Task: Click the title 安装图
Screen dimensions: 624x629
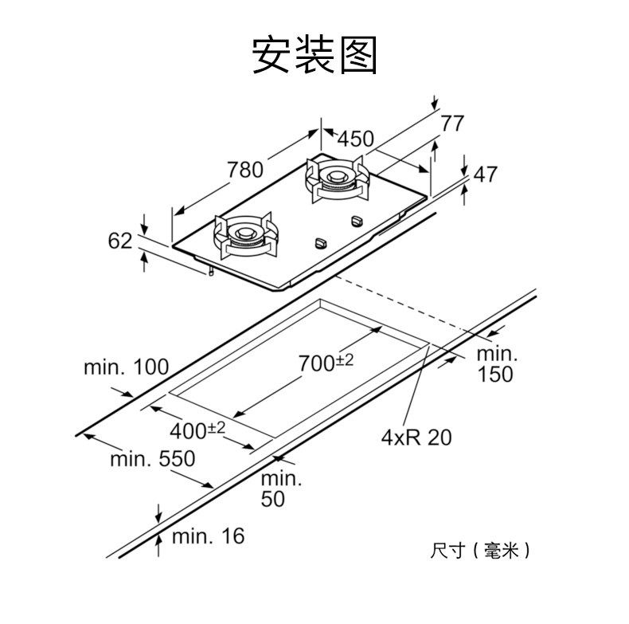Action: coord(314,55)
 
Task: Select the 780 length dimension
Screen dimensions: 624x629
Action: coord(244,170)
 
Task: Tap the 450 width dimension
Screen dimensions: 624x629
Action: coord(355,139)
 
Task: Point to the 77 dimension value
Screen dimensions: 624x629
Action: coord(452,124)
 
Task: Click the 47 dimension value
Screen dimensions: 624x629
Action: coord(485,174)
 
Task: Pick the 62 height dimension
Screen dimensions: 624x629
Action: coord(120,240)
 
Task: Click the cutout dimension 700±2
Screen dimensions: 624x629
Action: coord(326,363)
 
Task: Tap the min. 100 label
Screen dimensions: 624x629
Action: coord(126,367)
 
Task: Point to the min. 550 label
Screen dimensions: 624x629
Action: coord(152,459)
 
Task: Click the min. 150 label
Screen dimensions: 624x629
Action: coord(496,363)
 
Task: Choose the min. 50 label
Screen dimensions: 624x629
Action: coord(282,489)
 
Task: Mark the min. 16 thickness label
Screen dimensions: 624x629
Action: coord(207,536)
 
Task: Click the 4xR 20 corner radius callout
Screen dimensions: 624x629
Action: coord(416,437)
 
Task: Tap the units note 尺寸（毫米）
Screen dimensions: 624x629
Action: coord(479,550)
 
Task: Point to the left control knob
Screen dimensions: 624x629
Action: coord(321,242)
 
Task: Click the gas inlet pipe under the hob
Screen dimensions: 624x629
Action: coord(210,272)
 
